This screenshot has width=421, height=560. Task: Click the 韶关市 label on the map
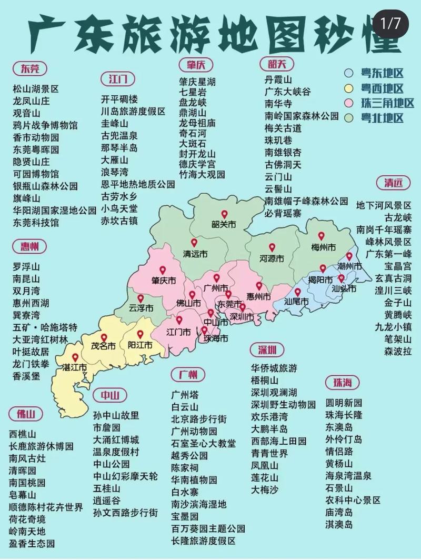pyautogui.click(x=224, y=225)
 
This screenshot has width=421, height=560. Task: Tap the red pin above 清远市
pyautogui.click(x=194, y=243)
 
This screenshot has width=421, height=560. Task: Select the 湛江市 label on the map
pyautogui.click(x=74, y=367)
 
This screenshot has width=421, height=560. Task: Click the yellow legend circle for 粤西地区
pyautogui.click(x=348, y=88)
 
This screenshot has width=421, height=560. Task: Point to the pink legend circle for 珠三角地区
pyautogui.click(x=348, y=103)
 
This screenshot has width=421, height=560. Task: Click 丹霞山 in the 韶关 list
pyautogui.click(x=278, y=80)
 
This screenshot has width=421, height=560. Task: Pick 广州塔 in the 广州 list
pyautogui.click(x=185, y=394)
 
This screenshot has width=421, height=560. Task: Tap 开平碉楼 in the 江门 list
pyautogui.click(x=119, y=99)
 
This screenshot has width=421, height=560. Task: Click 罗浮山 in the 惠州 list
pyautogui.click(x=26, y=266)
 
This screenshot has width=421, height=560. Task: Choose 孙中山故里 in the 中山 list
pyautogui.click(x=116, y=415)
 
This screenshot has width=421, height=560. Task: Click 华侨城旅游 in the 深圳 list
pyautogui.click(x=274, y=368)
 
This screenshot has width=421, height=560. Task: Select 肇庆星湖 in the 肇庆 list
pyautogui.click(x=197, y=82)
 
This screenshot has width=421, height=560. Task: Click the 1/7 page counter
pyautogui.click(x=391, y=23)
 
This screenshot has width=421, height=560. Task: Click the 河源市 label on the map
pyautogui.click(x=272, y=258)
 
